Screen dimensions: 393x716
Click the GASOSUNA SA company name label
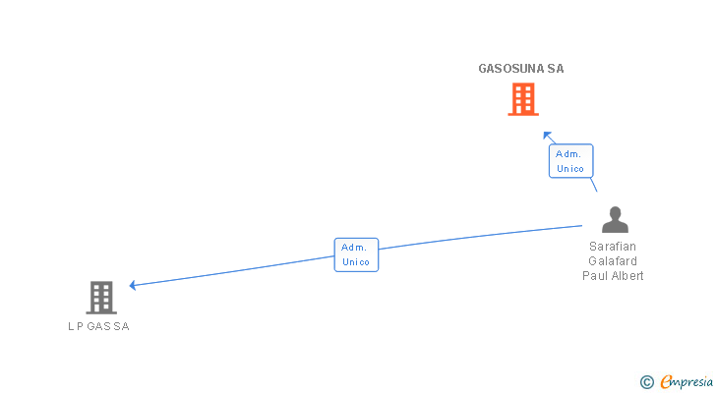520,69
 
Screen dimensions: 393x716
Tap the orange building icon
523,99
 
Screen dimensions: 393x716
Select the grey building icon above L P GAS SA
101,297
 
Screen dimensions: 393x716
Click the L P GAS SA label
98,327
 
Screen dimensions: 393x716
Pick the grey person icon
615,220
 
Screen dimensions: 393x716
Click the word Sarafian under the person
613,247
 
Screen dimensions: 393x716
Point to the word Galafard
613,261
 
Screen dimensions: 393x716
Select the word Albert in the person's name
626,276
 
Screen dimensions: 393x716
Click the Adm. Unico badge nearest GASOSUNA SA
570,161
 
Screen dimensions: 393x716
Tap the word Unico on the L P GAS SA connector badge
356,262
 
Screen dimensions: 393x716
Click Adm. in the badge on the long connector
354,248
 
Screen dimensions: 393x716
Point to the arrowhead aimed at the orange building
547,135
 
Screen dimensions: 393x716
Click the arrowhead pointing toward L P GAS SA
133,286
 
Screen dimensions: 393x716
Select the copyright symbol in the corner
646,382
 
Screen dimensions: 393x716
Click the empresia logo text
686,382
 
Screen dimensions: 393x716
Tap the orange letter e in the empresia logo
665,382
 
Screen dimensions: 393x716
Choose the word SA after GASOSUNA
556,69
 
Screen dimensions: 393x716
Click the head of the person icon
615,213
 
